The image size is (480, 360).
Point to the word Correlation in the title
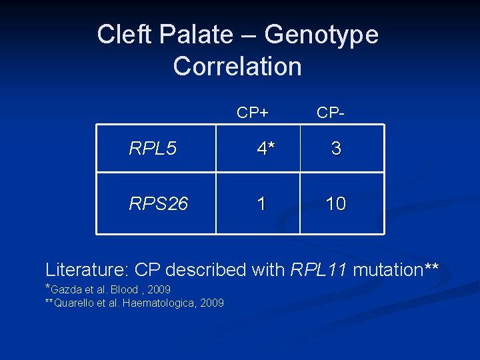[x=237, y=67]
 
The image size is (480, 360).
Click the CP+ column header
[x=253, y=113]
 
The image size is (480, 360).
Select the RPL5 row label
[x=153, y=149]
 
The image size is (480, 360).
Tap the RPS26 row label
[x=159, y=204]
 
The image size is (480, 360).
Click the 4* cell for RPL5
[x=266, y=149]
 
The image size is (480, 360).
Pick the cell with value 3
[x=336, y=149]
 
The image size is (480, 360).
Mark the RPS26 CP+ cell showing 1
[x=261, y=204]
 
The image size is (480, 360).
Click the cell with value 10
[x=335, y=204]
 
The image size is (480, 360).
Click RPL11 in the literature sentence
[x=319, y=270]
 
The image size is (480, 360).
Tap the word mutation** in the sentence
[x=395, y=270]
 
